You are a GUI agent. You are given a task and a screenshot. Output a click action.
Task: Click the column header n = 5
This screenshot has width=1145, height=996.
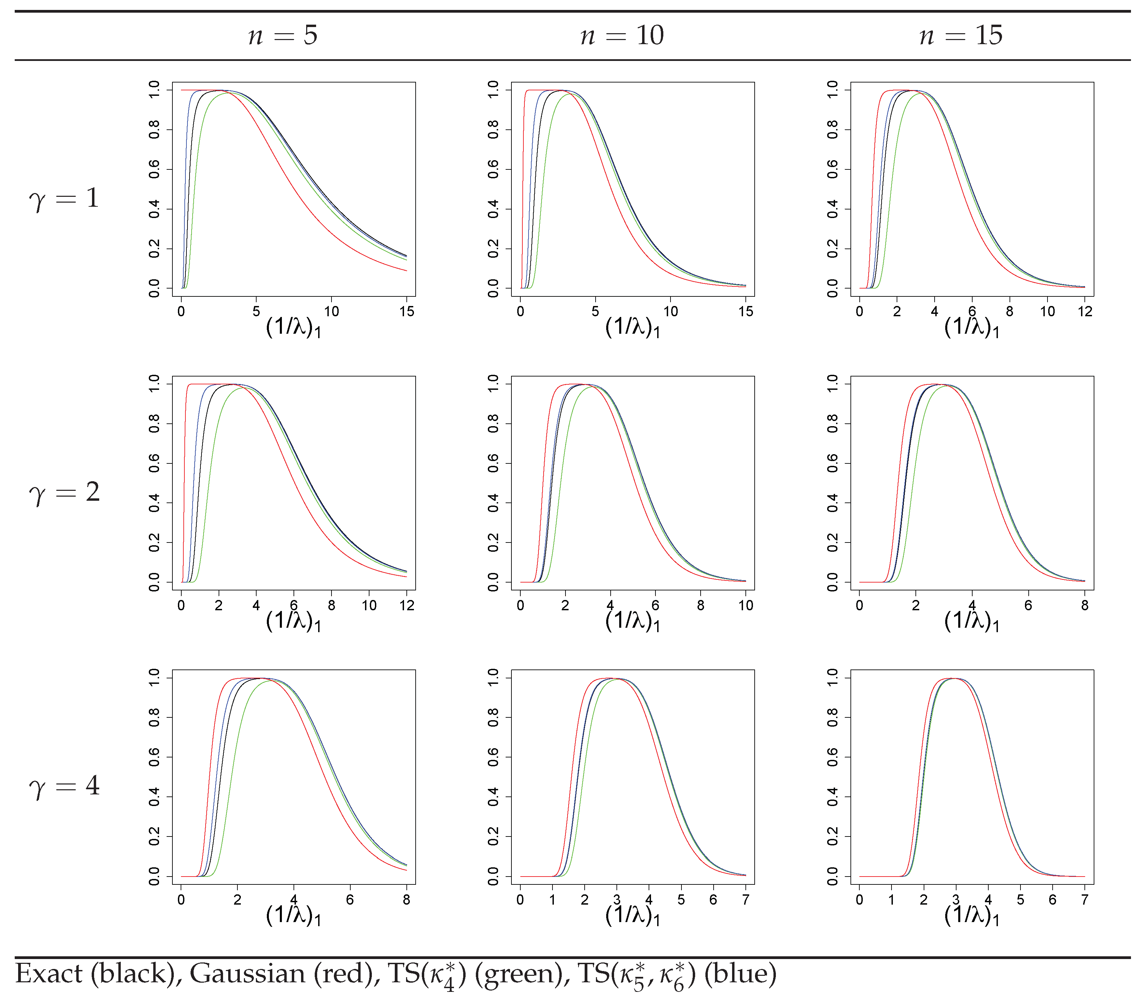pos(283,36)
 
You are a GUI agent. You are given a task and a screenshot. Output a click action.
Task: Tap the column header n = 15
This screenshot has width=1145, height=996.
pos(961,36)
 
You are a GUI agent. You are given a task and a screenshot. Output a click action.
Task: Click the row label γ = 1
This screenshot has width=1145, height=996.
pos(64,199)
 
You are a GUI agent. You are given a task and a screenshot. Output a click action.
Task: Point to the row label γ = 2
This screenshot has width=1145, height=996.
pos(64,493)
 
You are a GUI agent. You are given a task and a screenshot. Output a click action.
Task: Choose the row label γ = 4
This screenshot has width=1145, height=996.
pos(64,786)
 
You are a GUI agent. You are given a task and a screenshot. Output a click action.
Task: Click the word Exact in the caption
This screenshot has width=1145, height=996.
pos(49,973)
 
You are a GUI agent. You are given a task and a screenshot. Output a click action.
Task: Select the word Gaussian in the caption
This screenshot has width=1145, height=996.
pos(248,973)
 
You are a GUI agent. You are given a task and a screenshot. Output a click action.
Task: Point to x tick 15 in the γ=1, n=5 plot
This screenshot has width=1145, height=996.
pos(407,311)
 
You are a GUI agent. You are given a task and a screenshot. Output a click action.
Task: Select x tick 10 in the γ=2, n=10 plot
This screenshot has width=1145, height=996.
pos(745,605)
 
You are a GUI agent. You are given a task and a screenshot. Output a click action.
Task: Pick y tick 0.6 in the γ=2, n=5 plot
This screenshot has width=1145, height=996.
pos(154,463)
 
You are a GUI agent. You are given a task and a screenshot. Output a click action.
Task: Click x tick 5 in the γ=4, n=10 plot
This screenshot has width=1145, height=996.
pos(681,899)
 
